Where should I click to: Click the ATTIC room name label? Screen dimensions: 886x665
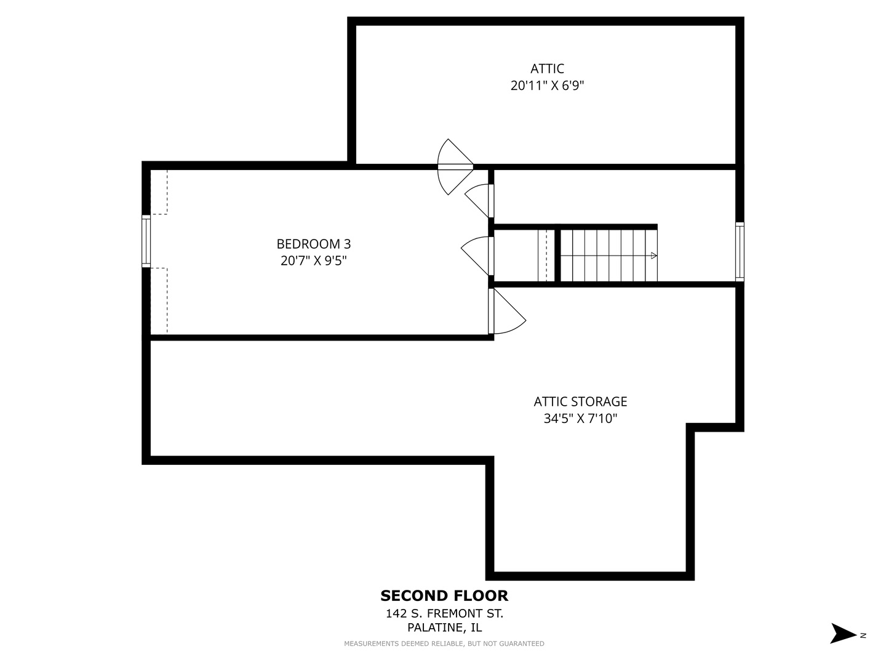547,68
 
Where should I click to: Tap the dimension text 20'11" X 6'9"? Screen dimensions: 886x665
547,86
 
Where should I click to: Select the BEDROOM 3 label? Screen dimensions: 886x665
314,244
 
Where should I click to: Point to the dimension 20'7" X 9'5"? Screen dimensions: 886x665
314,261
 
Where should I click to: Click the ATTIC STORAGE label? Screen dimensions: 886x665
580,401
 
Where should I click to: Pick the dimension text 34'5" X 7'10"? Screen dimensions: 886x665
580,419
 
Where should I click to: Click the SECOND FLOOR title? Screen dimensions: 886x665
444,595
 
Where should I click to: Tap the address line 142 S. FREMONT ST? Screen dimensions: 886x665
444,614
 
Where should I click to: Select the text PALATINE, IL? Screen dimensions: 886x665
444,628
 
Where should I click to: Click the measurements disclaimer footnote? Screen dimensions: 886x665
444,643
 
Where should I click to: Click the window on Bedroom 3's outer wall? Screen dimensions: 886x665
146,241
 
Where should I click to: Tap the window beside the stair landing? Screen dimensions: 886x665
740,251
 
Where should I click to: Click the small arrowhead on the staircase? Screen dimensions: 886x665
654,256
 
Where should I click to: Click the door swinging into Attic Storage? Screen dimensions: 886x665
507,312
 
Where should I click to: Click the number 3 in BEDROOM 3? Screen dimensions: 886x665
348,244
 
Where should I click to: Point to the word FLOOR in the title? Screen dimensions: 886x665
481,595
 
